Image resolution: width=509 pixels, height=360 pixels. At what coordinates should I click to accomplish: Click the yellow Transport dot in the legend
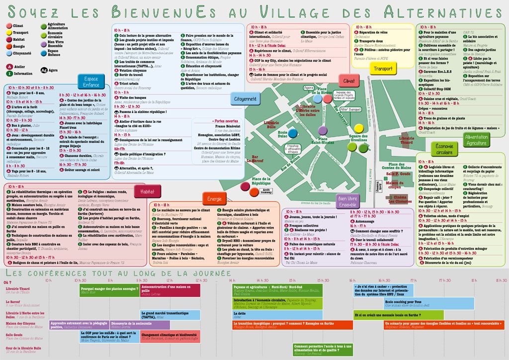pos(9,32)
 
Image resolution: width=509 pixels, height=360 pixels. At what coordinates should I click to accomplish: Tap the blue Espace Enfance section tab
pos(91,82)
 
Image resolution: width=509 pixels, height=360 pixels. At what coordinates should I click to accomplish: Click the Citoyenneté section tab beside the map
pos(245,99)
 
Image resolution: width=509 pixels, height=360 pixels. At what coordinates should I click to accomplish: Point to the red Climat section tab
pos(349,81)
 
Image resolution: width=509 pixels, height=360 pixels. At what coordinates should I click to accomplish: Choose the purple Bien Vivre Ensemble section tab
pos(346,201)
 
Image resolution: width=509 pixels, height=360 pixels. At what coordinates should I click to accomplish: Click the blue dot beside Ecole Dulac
pos(293,133)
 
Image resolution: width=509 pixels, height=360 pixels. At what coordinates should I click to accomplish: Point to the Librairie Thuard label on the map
pos(406,140)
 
